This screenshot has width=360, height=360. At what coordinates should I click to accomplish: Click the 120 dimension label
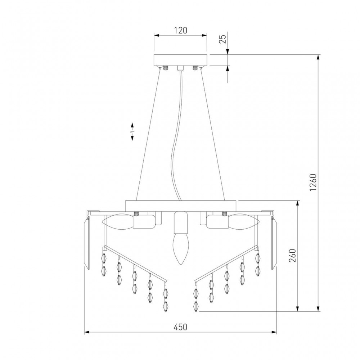pos(180,30)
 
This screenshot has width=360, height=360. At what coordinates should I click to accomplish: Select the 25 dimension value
pos(222,39)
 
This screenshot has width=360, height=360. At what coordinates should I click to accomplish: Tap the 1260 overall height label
pos(313,183)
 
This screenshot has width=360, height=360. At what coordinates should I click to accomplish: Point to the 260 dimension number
pos(292,255)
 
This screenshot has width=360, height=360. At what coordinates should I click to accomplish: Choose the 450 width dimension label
pos(180,327)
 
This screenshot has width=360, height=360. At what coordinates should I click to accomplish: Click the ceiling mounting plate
pos(180,60)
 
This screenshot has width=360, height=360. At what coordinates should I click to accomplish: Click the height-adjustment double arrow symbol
pos(132,132)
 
